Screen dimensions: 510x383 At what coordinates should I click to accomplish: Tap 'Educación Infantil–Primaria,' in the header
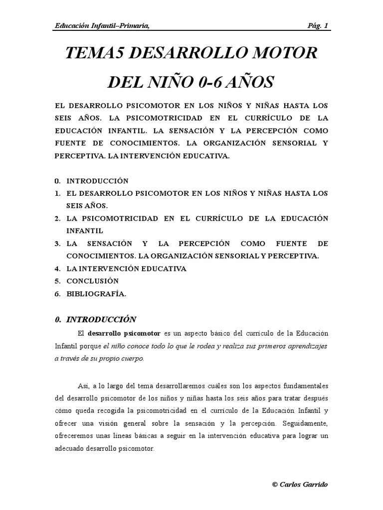(102, 26)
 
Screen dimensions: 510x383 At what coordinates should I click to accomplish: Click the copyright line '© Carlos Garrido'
(300, 485)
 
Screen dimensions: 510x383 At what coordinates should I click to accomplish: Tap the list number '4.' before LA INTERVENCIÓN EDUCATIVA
(57, 268)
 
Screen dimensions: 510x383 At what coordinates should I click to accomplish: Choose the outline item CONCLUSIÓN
(93, 281)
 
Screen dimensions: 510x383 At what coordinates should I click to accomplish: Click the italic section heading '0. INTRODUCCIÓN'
(95, 319)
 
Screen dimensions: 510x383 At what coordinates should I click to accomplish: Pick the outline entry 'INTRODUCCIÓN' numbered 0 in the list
(97, 181)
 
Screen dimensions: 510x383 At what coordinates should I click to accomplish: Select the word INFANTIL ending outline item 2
(85, 231)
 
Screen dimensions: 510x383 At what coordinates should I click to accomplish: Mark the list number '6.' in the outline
(57, 294)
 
